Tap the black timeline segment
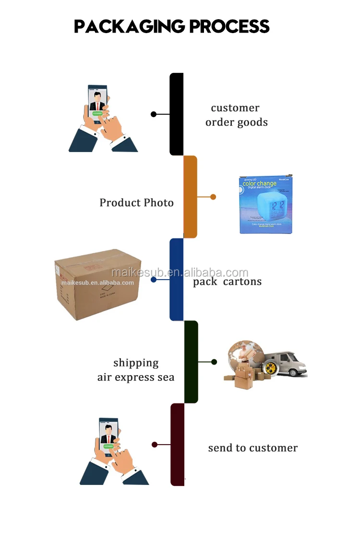point(177,114)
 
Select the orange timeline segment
point(191,197)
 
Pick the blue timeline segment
point(177,279)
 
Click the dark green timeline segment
point(191,362)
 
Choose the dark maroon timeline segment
point(178,444)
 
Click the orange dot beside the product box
point(213,197)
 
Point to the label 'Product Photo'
point(136,203)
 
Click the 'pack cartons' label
point(228,282)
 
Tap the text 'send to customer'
point(253,448)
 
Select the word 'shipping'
point(136,363)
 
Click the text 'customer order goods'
point(236,115)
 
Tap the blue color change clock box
point(266,205)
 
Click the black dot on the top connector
point(154,114)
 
